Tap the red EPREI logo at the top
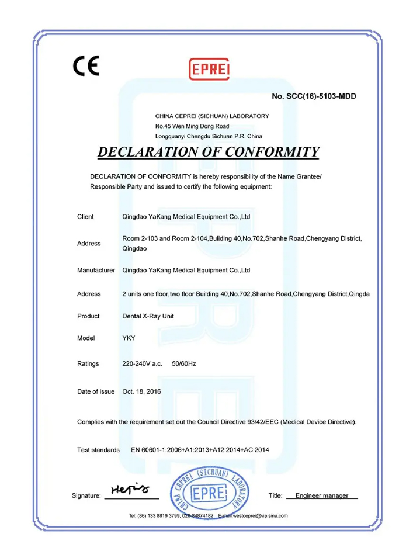[x=209, y=70]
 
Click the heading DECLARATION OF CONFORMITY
[x=208, y=152]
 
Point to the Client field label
[x=85, y=217]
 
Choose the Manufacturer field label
[x=96, y=271]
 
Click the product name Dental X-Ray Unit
[x=148, y=316]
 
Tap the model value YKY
[x=129, y=338]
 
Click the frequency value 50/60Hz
[x=184, y=364]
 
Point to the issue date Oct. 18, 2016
[x=141, y=391]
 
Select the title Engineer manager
[x=321, y=495]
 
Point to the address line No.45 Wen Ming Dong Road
[x=192, y=126]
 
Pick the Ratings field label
[x=88, y=364]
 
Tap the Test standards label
[x=98, y=450]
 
